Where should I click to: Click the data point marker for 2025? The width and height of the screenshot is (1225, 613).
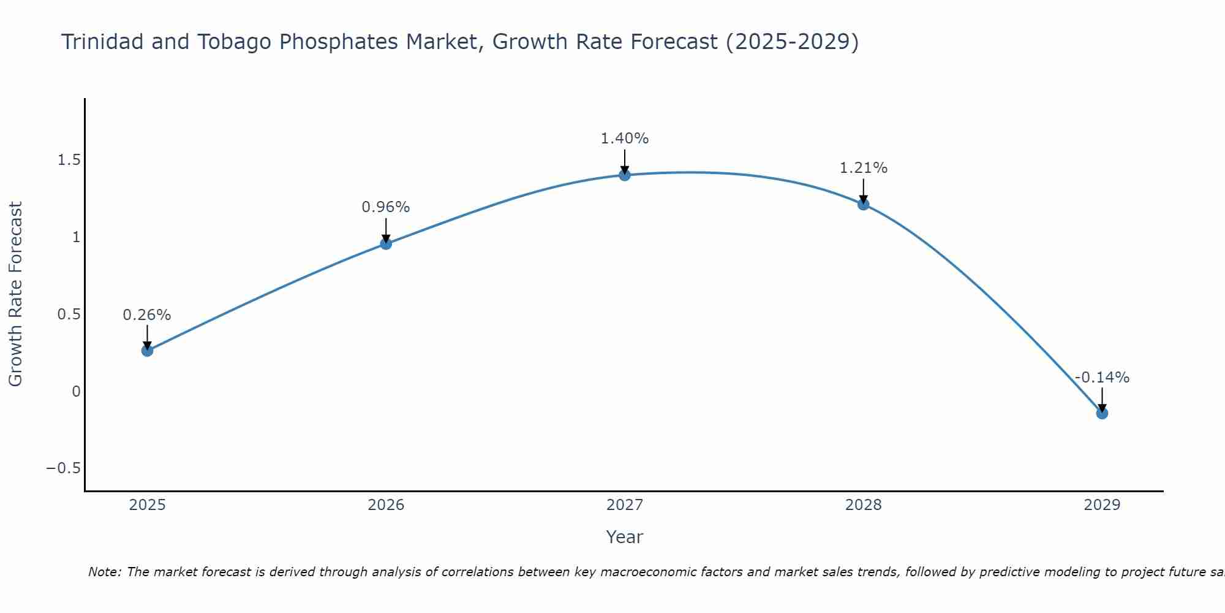click(x=147, y=351)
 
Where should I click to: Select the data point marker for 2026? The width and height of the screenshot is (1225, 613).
click(x=386, y=243)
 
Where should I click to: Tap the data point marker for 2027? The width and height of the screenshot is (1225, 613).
click(x=625, y=175)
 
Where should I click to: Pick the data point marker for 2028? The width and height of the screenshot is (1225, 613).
click(x=864, y=204)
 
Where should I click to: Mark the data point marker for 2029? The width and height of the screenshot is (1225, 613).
click(x=1102, y=413)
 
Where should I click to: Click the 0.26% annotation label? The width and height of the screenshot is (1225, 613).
click(x=147, y=315)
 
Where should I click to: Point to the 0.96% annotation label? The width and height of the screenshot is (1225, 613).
click(x=386, y=207)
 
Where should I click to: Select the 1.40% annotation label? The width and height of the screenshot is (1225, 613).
click(x=625, y=139)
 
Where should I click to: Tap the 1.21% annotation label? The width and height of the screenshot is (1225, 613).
click(x=864, y=168)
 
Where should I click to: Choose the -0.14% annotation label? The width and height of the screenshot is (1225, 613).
click(x=1102, y=378)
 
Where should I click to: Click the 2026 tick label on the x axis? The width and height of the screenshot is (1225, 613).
click(x=386, y=505)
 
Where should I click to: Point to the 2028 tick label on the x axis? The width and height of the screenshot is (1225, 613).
click(x=864, y=505)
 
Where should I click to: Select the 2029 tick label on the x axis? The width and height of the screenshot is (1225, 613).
click(x=1102, y=505)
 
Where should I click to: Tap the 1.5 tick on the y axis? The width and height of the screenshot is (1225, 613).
click(x=69, y=160)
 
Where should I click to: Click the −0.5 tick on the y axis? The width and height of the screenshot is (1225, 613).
click(x=63, y=468)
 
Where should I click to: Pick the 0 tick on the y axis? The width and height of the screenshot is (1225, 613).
click(x=76, y=391)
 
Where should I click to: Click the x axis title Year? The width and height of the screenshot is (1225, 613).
click(x=624, y=537)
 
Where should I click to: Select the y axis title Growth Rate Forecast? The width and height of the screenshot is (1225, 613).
click(x=16, y=294)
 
